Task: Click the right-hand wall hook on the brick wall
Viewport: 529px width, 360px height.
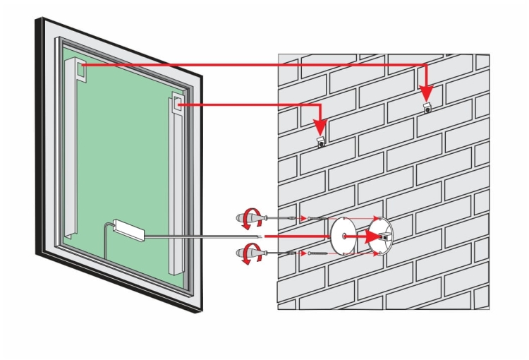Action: (427, 109)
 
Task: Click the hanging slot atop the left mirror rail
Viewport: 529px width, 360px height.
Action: (82, 69)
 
